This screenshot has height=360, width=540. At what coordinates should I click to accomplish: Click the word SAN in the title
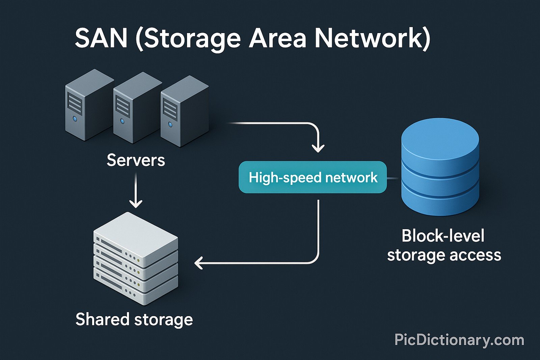[x=101, y=38]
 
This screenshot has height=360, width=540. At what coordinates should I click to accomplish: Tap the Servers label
[x=136, y=160]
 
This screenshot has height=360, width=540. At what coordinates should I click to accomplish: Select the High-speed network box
[x=313, y=177]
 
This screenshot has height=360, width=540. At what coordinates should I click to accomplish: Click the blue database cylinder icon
[x=440, y=167]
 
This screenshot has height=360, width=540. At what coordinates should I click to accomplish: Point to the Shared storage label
[x=134, y=319]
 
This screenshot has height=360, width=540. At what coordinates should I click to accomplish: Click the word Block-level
[x=443, y=236]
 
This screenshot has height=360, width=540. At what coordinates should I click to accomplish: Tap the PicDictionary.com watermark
[x=459, y=340]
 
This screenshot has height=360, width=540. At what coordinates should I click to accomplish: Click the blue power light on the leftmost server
[x=75, y=119]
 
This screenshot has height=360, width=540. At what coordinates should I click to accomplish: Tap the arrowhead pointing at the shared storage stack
[x=198, y=263]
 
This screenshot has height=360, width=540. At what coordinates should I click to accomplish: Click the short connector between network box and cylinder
[x=393, y=178]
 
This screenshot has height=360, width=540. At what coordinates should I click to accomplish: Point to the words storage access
[x=444, y=255]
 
